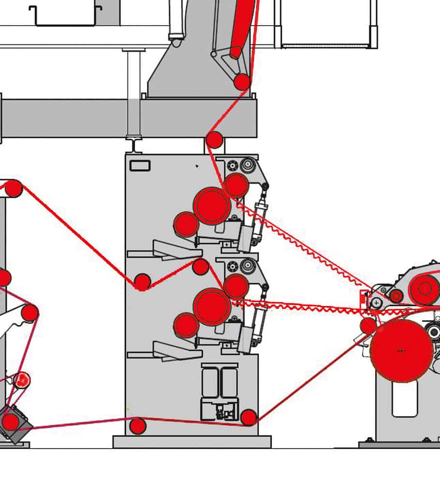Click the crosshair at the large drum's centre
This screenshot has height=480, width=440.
tap(401, 350)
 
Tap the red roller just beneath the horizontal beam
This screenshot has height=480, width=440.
tap(214, 140)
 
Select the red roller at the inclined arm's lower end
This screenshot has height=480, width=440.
tap(242, 82)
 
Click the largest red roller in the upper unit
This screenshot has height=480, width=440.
tap(212, 205)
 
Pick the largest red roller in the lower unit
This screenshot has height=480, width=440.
tap(212, 306)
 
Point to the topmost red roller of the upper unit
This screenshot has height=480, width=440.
tap(236, 185)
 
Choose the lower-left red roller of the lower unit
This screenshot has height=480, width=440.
tap(186, 325)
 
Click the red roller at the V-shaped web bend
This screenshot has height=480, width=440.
tap(142, 282)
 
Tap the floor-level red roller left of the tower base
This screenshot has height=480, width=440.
tap(138, 426)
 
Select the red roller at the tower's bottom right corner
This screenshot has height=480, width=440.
tap(248, 417)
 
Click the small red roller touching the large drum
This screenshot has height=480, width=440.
tap(368, 326)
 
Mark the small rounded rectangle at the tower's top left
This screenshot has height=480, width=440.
tap(140, 166)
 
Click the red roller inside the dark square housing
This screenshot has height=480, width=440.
tap(11, 422)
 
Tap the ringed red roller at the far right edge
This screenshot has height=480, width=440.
tap(425, 289)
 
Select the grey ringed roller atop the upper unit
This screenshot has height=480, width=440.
tap(248, 165)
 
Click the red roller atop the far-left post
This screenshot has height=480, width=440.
tap(14, 188)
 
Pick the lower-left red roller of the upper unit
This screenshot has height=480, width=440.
tap(186, 224)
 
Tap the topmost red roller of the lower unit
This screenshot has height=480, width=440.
tap(236, 286)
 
